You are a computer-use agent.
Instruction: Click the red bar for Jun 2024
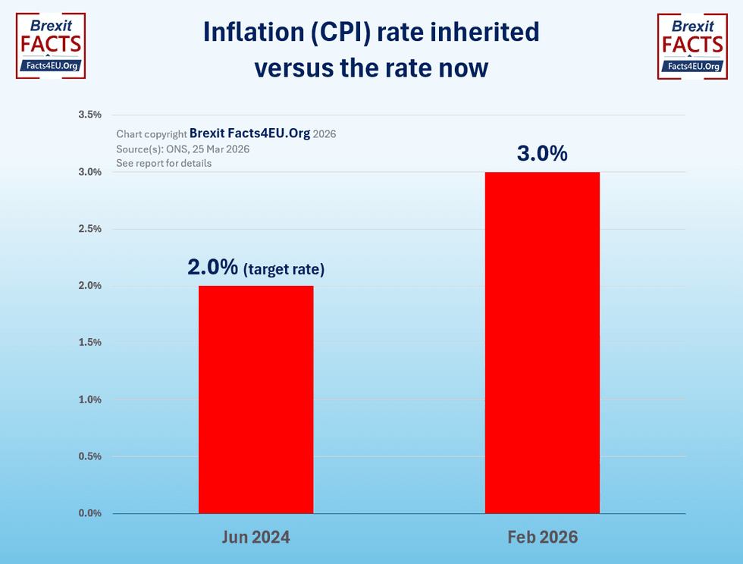256,399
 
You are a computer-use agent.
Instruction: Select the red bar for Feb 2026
542,343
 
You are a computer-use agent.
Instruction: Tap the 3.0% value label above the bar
542,153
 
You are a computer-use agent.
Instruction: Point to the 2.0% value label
213,267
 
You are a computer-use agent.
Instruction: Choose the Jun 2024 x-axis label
256,537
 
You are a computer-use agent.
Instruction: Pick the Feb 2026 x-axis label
542,537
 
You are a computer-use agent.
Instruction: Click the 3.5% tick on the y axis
90,115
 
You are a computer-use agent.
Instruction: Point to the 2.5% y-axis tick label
90,229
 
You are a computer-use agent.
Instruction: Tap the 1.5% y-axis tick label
90,343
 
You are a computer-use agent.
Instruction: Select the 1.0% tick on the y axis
90,399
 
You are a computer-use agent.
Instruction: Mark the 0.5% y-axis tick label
90,456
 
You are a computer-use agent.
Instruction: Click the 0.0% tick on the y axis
90,513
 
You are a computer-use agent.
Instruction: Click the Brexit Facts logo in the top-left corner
51,45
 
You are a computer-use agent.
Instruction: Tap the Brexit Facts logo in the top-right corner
691,45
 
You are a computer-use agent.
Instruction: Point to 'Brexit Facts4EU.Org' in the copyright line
249,133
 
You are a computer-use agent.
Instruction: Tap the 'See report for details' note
164,164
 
